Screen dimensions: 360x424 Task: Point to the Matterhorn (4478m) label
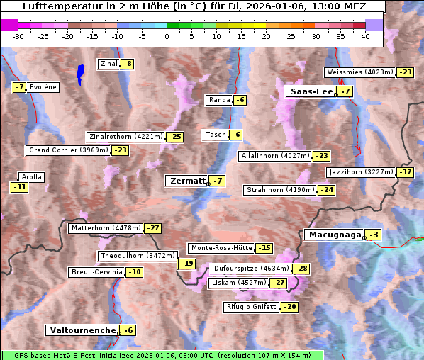(106, 228)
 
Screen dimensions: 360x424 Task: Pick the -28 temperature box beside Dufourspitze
(301, 269)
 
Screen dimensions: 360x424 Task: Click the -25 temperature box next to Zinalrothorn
(174, 137)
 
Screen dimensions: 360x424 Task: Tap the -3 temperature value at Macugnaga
(374, 235)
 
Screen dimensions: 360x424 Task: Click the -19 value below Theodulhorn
(186, 264)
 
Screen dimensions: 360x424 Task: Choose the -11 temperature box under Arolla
(19, 188)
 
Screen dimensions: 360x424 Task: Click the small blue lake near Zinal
(80, 72)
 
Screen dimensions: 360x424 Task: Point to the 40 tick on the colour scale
(365, 36)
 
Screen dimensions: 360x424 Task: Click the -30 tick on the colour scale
(18, 36)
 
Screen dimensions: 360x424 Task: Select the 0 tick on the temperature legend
(167, 36)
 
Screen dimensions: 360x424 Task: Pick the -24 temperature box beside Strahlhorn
(327, 190)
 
